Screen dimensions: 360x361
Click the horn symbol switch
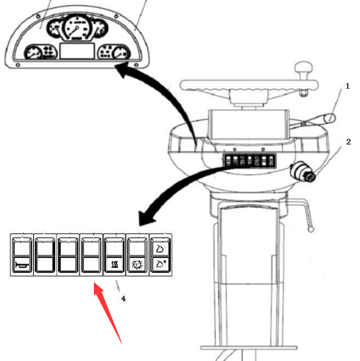pos(22,265)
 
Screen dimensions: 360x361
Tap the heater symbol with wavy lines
pos(114,265)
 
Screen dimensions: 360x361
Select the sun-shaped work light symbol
pos(138,265)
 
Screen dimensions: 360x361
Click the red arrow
pos(107,312)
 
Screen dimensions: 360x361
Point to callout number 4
pos(124,298)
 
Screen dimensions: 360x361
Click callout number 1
pos(347,86)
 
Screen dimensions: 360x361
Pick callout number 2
pos(348,142)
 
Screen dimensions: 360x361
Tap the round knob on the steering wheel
pos(304,66)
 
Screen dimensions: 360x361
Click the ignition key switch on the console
pos(303,171)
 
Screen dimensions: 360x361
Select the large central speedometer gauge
pos(76,27)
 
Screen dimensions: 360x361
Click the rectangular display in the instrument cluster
pos(77,51)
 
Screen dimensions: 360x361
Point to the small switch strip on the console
pos(250,161)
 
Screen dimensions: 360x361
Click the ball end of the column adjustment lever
pos(311,229)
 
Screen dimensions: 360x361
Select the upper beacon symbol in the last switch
pos(161,248)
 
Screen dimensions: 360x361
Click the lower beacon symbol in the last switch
pos(161,264)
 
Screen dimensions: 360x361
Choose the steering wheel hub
pos(249,97)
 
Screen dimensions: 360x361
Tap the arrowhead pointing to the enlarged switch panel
pos(146,218)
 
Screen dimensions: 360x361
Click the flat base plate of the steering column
pos(249,348)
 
